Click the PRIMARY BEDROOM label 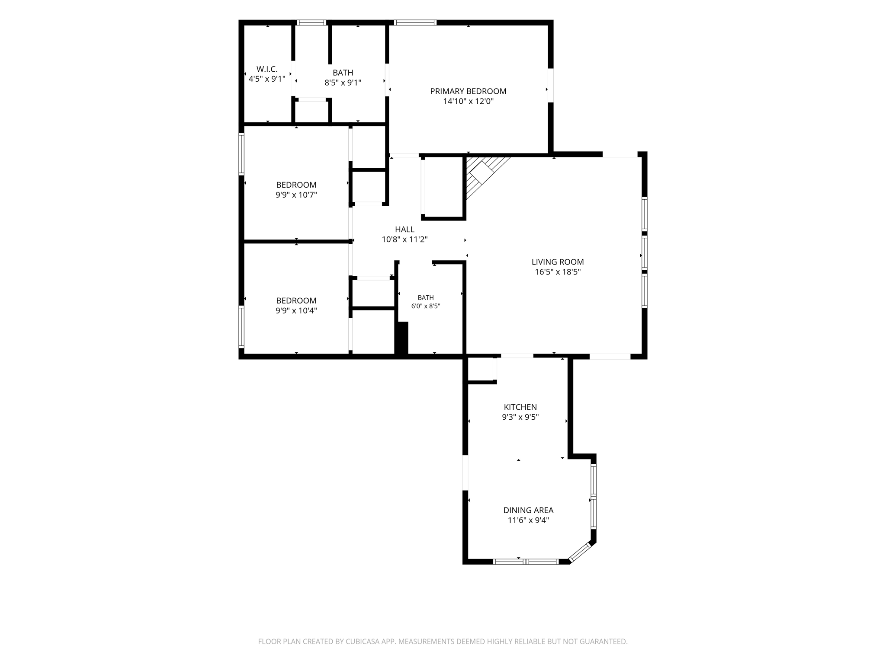[x=468, y=91]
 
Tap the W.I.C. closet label [x=267, y=69]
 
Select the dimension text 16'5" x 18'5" [x=558, y=272]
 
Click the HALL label [x=404, y=230]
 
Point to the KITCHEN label [x=520, y=407]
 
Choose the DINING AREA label [x=528, y=511]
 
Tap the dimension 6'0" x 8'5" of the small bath [x=426, y=306]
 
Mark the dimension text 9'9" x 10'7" [x=296, y=195]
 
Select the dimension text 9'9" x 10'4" [x=296, y=311]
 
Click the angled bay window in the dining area [x=580, y=552]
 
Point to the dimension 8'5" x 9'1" [x=343, y=83]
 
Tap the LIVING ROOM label [x=558, y=262]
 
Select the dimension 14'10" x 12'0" [x=468, y=102]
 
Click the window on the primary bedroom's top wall [x=415, y=22]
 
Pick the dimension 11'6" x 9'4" [x=528, y=520]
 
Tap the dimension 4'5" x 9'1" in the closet [x=267, y=79]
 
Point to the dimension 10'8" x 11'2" [x=404, y=239]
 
